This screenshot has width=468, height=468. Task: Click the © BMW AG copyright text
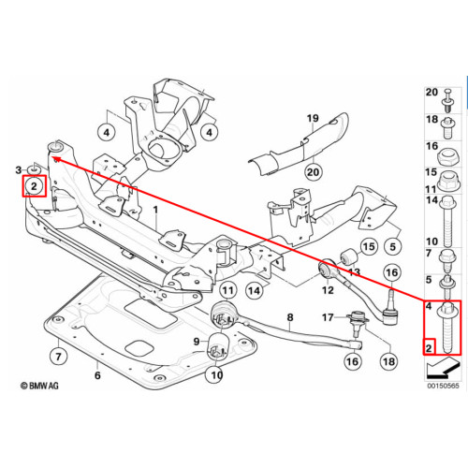39,386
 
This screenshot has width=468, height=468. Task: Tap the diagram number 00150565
443,386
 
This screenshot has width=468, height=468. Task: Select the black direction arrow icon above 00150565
443,367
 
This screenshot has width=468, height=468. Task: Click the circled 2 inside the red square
34,186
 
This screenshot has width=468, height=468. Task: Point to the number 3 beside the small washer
19,170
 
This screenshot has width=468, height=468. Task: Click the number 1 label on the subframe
155,211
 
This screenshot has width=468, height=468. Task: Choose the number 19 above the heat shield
313,118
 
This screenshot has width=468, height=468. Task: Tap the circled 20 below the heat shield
313,172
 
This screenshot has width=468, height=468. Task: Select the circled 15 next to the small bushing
369,247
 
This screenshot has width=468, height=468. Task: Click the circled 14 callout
255,291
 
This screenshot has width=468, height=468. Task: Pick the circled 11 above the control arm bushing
228,291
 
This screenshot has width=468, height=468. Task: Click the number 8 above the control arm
290,317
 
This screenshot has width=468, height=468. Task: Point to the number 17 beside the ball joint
328,317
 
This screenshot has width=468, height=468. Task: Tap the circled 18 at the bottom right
388,361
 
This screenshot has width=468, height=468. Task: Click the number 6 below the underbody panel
97,375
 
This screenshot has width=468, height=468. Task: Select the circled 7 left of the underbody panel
58,357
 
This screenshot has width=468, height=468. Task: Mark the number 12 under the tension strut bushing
328,290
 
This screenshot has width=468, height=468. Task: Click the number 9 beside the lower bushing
197,342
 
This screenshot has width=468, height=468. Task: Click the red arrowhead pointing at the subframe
57,160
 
